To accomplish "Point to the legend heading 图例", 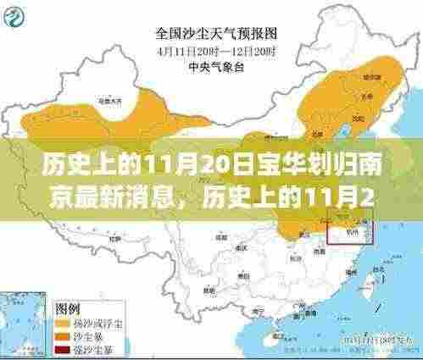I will pyautogui.click(x=69, y=306).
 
